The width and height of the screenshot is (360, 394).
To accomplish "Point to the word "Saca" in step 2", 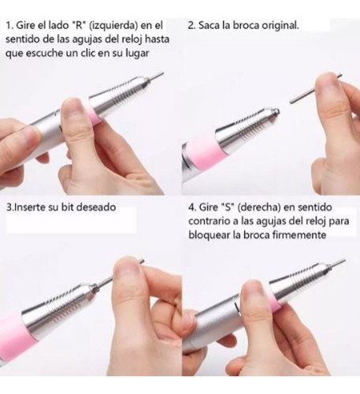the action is pos(209,25).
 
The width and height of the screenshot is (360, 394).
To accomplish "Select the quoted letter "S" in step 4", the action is pos(228,207).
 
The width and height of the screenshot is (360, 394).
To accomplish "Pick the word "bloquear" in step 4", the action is pos(209,235).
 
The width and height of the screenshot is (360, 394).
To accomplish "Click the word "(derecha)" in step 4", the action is pos(259,207).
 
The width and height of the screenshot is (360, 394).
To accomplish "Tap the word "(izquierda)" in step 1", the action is pos(113,26).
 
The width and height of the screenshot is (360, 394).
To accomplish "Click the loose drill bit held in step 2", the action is pos(315,88).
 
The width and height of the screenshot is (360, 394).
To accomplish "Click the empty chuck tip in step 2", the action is pos(275,112).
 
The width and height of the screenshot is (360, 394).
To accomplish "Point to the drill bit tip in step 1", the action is pos(162,74).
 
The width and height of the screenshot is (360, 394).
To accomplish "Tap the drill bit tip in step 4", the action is pos(343,260).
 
